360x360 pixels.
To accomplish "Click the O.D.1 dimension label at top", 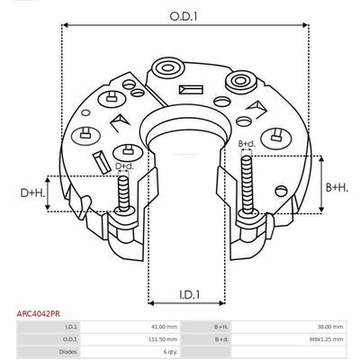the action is tap(184, 16).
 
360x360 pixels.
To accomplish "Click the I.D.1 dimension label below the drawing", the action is tap(190, 295).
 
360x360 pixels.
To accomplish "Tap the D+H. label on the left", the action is tap(32, 193).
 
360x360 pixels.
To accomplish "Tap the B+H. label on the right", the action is tap(337, 188).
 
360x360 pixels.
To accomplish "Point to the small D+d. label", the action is tap(124, 166).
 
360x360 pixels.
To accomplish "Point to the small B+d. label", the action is tap(247, 144).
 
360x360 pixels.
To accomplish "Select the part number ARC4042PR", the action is tap(38, 314).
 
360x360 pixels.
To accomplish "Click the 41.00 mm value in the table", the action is tap(165, 327).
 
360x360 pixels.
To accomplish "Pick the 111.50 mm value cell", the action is tap(164, 339).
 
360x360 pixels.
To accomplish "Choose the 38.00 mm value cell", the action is tap(330, 327).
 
